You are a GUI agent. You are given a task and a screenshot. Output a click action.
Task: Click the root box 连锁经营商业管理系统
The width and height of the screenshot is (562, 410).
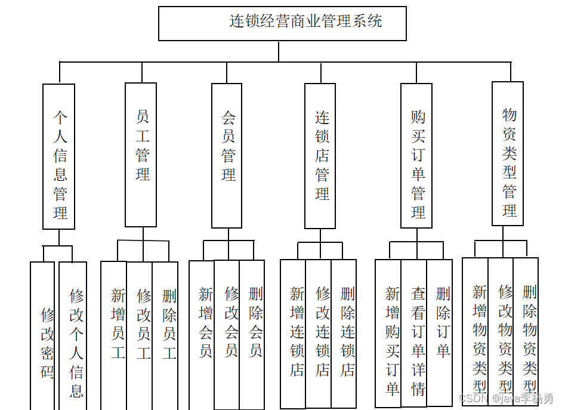282,23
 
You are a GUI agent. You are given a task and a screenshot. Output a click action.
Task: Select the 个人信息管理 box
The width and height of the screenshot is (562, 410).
59,156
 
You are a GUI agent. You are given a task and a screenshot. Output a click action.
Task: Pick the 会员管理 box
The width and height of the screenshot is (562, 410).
227,155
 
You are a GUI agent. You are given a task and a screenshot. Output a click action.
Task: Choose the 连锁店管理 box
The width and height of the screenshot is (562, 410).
320,156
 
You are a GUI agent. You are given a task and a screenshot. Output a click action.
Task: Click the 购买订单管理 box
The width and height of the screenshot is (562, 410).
416,156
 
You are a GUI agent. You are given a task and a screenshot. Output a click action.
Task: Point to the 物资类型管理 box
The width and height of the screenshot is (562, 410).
508,154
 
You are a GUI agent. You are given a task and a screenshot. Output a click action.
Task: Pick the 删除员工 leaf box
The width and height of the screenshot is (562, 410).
165,334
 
